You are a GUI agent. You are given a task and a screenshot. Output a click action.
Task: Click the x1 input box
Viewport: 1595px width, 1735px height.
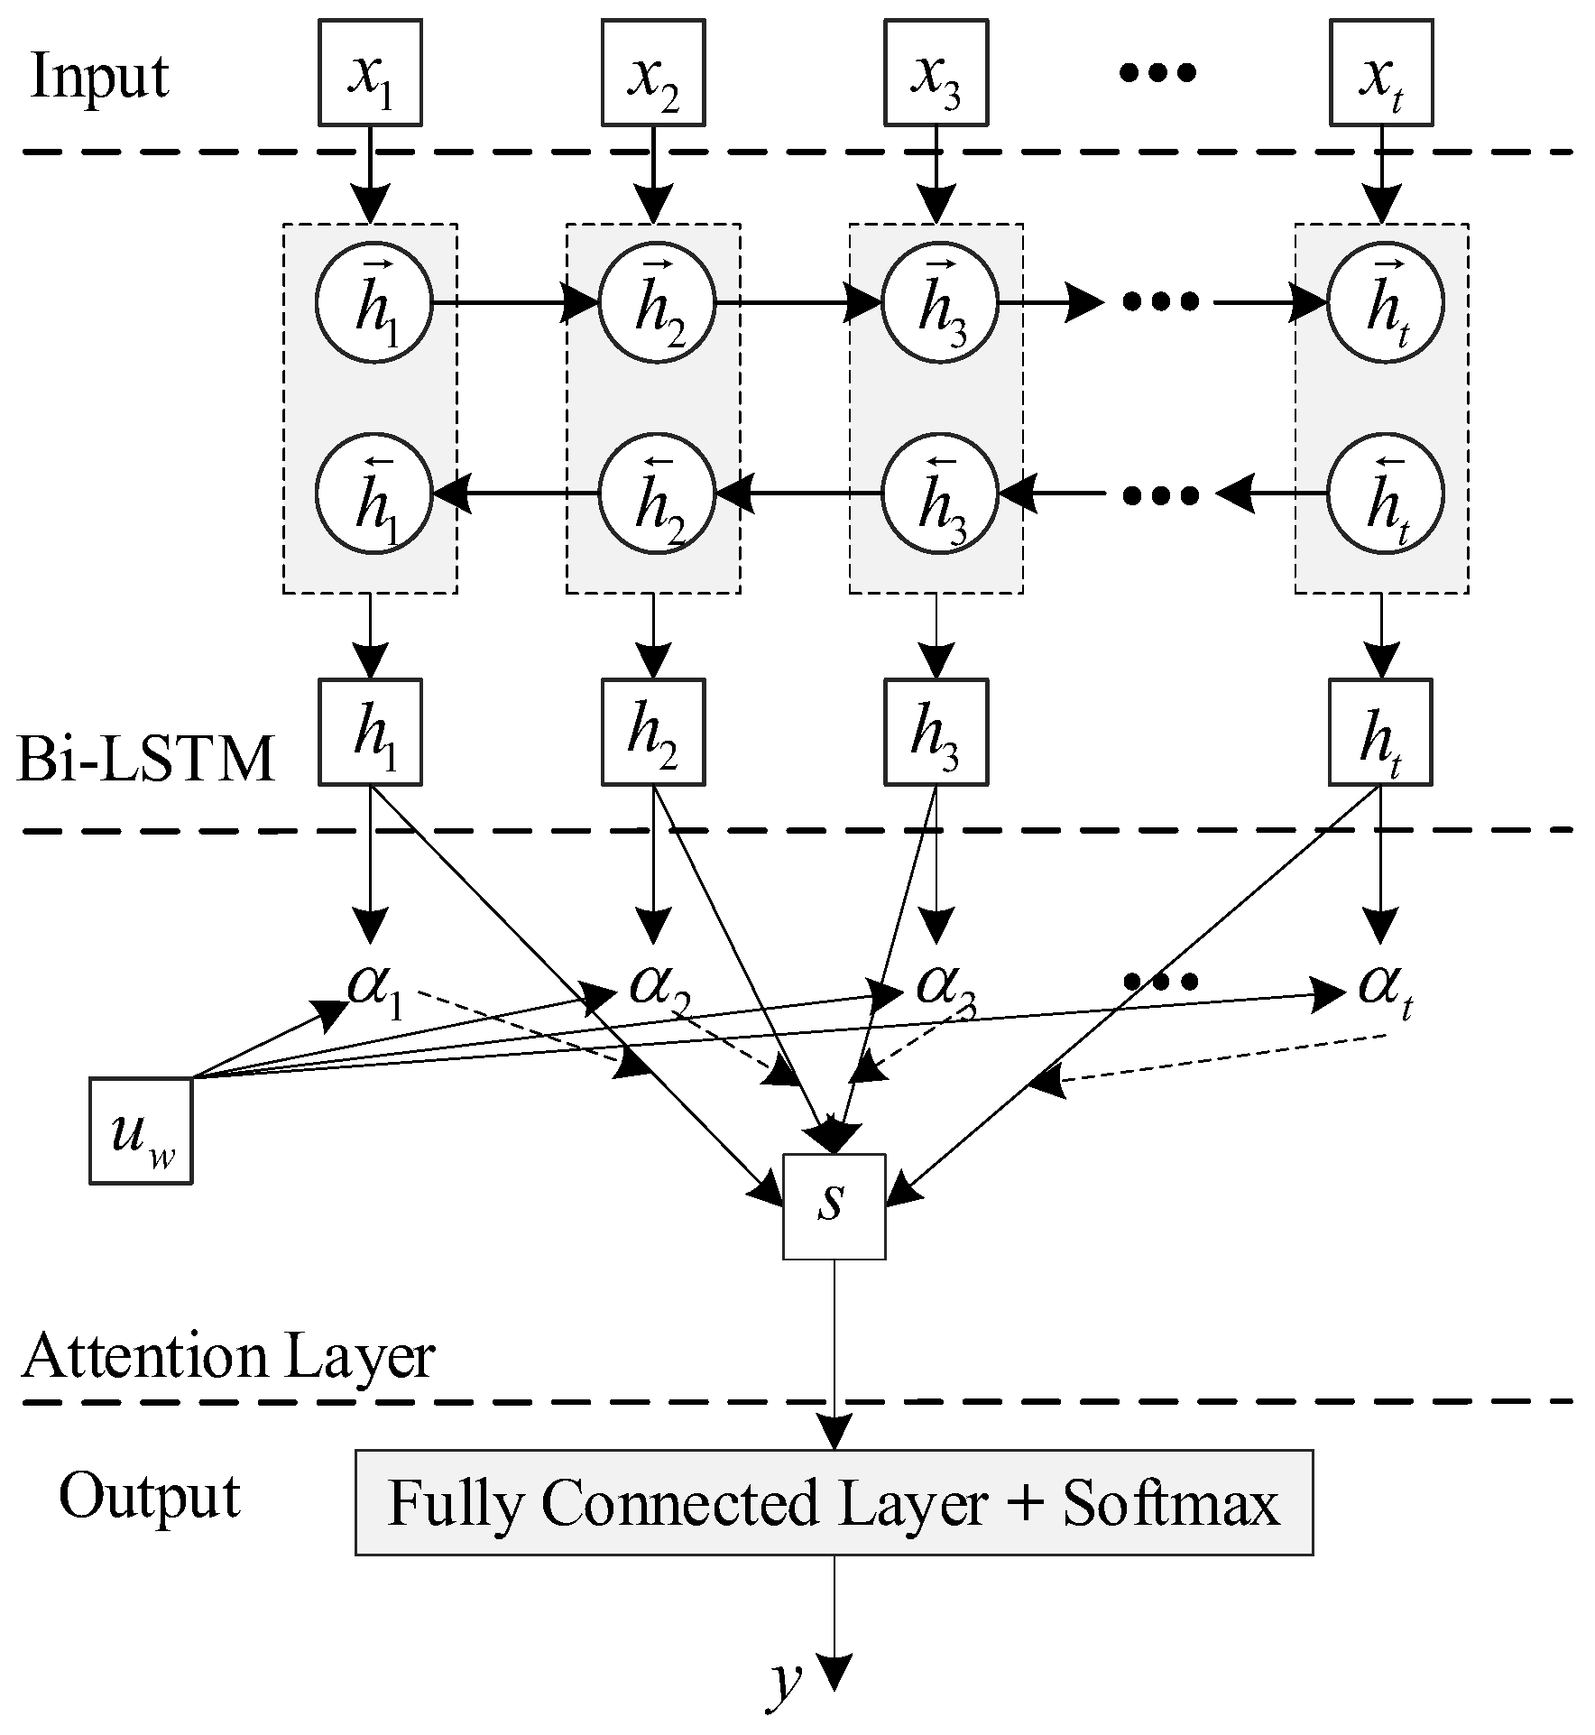tap(370, 73)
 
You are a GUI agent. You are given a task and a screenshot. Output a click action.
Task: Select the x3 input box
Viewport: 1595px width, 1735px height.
tap(936, 73)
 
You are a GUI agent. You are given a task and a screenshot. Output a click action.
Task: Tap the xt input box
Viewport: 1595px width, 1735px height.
tap(1381, 73)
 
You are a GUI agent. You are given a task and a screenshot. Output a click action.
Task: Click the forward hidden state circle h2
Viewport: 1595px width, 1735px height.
tap(657, 302)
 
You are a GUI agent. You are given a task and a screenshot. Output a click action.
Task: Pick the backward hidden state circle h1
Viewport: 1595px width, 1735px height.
tap(373, 494)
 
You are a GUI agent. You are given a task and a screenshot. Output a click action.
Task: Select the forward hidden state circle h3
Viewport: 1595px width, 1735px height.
tap(939, 302)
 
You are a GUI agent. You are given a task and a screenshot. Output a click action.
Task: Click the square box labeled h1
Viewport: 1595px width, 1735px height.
tap(370, 732)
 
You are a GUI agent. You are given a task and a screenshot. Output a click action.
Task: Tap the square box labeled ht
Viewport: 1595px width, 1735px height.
tap(1381, 732)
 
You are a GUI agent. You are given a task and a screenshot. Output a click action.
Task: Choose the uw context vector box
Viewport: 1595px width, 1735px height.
tap(141, 1131)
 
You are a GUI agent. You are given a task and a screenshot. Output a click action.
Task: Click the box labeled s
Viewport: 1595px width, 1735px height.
tap(834, 1206)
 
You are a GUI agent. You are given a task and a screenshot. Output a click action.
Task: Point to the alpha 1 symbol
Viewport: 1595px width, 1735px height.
tap(373, 988)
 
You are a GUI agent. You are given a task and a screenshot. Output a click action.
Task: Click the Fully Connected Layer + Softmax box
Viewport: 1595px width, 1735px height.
tap(834, 1503)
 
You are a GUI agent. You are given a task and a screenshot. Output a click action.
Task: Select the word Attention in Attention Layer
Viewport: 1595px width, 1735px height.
tap(145, 1355)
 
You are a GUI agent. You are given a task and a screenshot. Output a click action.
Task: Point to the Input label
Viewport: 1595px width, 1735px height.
tap(100, 78)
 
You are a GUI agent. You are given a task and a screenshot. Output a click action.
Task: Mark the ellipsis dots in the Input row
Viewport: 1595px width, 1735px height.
tap(1158, 72)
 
